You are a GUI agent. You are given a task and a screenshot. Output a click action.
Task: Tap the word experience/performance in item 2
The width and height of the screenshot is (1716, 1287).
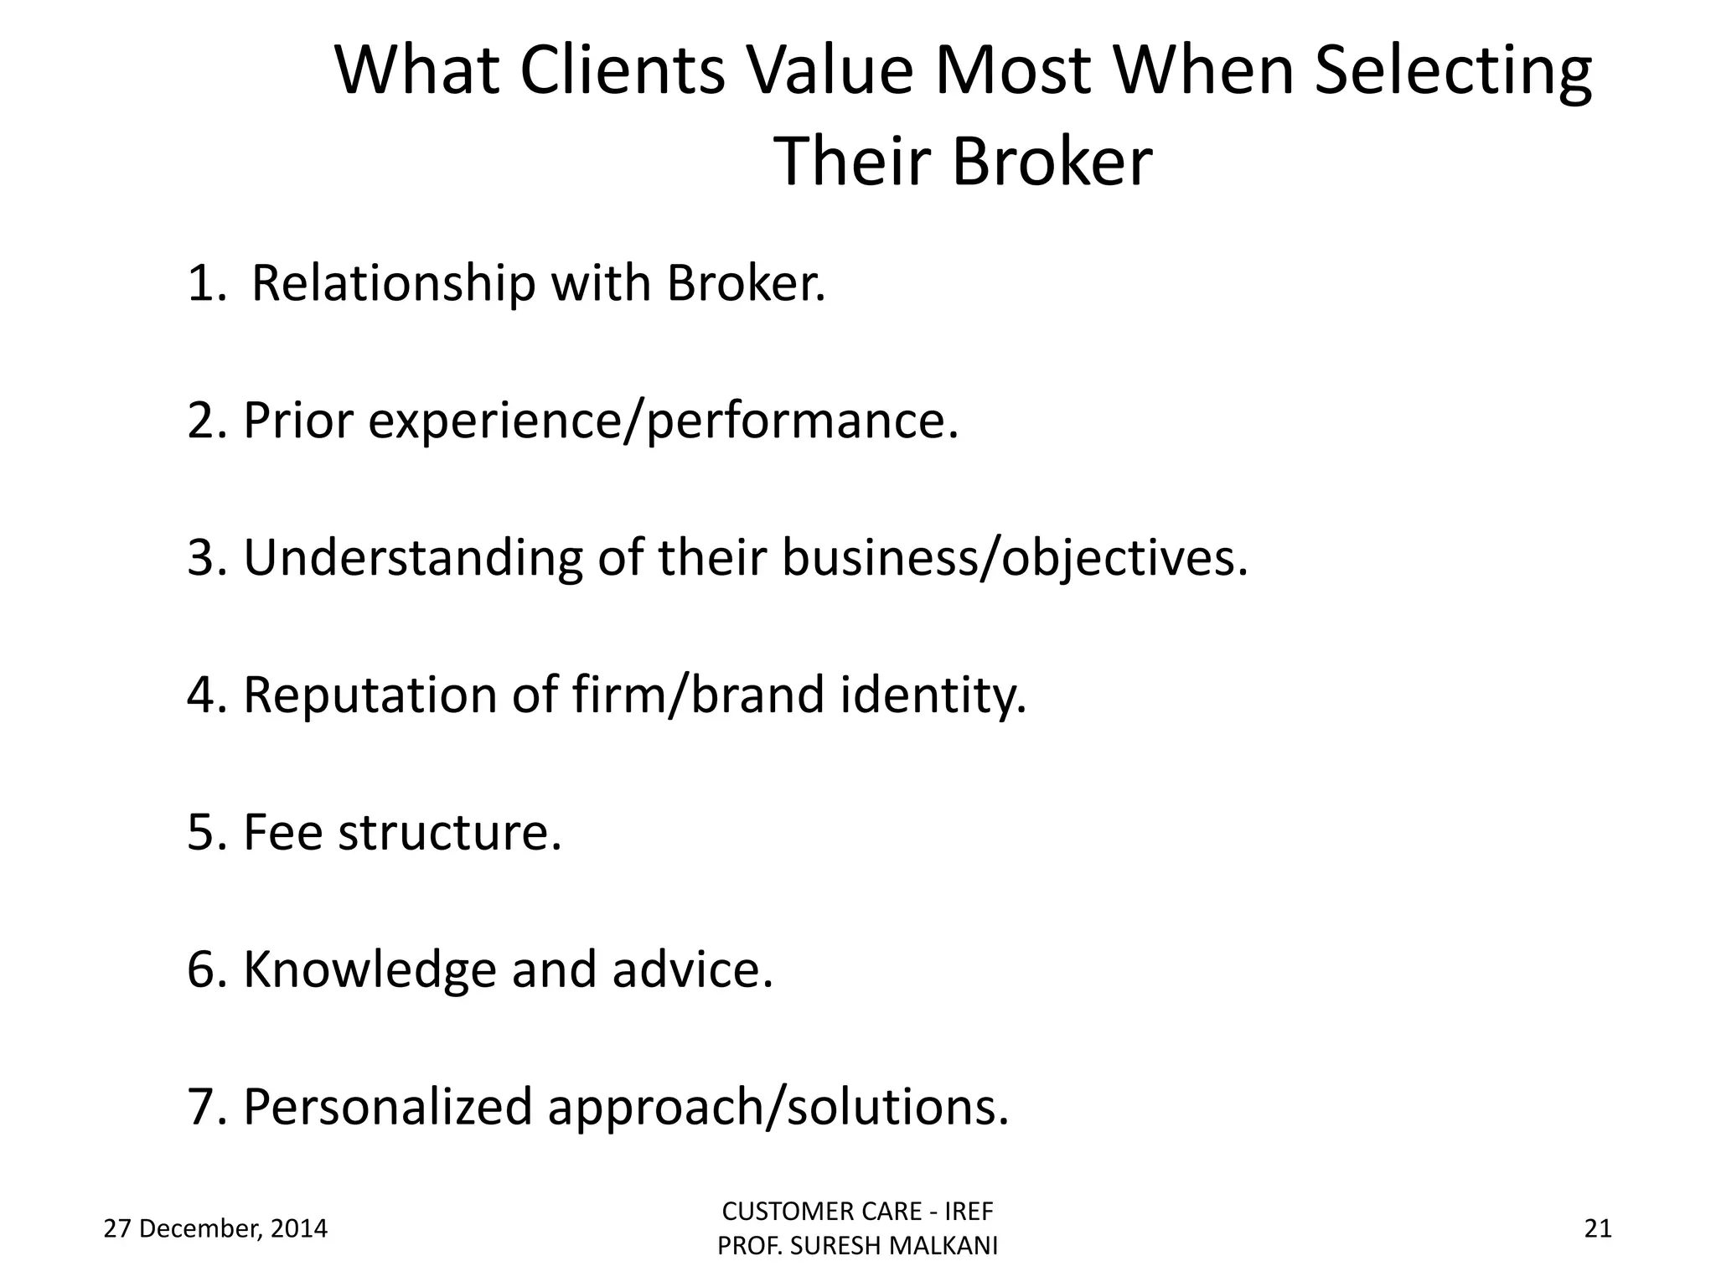662,421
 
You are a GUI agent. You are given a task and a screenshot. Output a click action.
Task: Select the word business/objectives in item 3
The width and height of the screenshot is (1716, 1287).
1014,557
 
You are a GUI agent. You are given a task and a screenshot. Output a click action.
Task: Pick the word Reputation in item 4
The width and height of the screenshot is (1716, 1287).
370,695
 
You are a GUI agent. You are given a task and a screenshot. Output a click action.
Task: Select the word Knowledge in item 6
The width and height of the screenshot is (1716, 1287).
370,969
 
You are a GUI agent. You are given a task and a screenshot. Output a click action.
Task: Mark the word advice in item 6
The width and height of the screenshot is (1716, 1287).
692,969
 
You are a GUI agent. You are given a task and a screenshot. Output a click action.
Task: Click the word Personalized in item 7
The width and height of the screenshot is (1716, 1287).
387,1107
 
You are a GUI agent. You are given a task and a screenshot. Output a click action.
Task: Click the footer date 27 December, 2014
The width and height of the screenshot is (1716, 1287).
215,1229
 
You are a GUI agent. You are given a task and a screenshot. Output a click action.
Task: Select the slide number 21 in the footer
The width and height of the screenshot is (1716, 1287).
1598,1229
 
